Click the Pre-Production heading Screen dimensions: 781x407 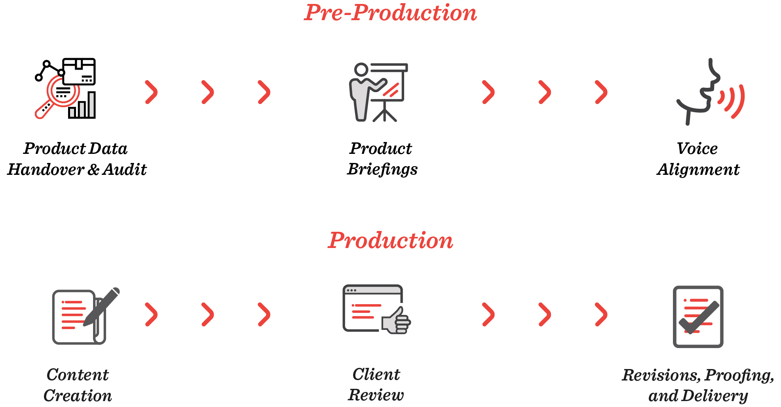[390, 13]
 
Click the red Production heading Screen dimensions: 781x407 [390, 240]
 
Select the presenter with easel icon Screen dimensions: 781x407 [378, 92]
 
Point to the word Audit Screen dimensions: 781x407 [125, 170]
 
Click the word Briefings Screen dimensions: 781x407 [382, 170]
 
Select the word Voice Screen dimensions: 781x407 [697, 149]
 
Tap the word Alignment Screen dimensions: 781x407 [698, 170]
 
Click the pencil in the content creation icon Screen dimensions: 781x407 [102, 307]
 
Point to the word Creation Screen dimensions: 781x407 [78, 396]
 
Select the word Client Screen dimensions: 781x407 [376, 375]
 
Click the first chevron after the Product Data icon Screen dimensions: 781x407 [152, 92]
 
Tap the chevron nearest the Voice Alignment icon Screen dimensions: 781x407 [601, 92]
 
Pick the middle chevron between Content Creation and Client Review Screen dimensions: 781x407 [208, 314]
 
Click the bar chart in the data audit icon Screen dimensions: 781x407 [82, 106]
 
